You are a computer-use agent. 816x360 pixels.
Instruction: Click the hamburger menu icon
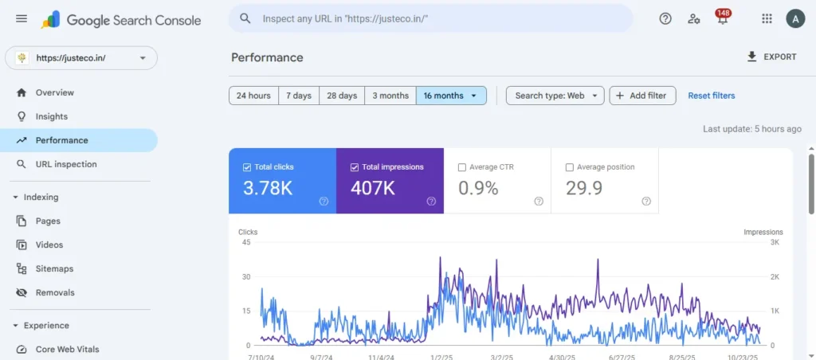[x=22, y=19]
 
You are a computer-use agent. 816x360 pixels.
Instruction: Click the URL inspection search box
[x=430, y=18]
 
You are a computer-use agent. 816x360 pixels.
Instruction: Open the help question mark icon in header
[x=665, y=19]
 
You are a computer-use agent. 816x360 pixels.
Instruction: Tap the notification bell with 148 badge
[x=722, y=19]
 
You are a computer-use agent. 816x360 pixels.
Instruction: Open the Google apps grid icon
[x=767, y=19]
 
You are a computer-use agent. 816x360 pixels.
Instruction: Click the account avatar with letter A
[x=794, y=19]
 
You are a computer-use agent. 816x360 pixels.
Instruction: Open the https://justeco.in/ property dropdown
[x=81, y=58]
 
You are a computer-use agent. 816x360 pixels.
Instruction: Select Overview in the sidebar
[x=54, y=92]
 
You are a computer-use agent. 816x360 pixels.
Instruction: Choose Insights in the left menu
[x=51, y=116]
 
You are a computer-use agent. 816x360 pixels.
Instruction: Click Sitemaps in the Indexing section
[x=54, y=268]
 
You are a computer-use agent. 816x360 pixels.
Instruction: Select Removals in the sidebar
[x=54, y=292]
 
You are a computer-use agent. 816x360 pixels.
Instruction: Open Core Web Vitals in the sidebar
[x=67, y=349]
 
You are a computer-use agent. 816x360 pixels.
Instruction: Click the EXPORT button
[x=771, y=57]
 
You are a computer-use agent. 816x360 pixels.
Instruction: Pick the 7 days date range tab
[x=299, y=96]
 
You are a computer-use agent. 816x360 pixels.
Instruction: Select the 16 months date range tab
[x=450, y=96]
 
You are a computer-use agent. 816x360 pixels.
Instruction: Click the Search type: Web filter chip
[x=555, y=96]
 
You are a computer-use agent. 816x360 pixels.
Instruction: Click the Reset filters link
[x=712, y=96]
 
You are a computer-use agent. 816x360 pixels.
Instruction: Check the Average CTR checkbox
[x=462, y=167]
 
